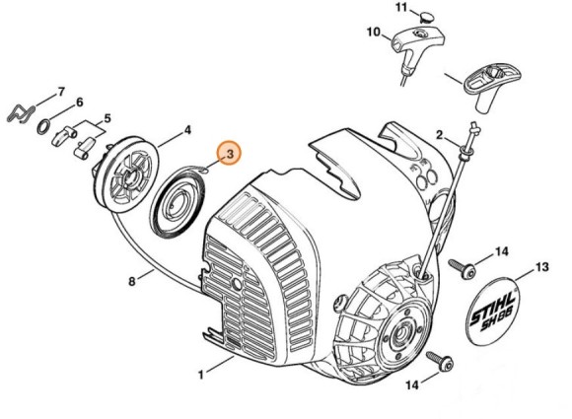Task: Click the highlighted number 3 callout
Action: pyautogui.click(x=230, y=154)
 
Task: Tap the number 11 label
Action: pyautogui.click(x=401, y=8)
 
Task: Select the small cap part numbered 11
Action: pyautogui.click(x=426, y=17)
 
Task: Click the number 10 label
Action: pyautogui.click(x=374, y=33)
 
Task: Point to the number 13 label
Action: pyautogui.click(x=541, y=267)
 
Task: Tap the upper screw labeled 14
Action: pyautogui.click(x=462, y=269)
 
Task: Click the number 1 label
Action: pyautogui.click(x=200, y=375)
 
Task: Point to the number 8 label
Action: pyautogui.click(x=132, y=282)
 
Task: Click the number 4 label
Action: pyautogui.click(x=187, y=130)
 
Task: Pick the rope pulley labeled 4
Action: pyautogui.click(x=125, y=175)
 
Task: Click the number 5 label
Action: pyautogui.click(x=107, y=118)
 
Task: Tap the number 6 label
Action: pyautogui.click(x=79, y=103)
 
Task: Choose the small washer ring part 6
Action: pyautogui.click(x=43, y=126)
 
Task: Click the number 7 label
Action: pyautogui.click(x=61, y=92)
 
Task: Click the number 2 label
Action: pyautogui.click(x=439, y=135)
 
